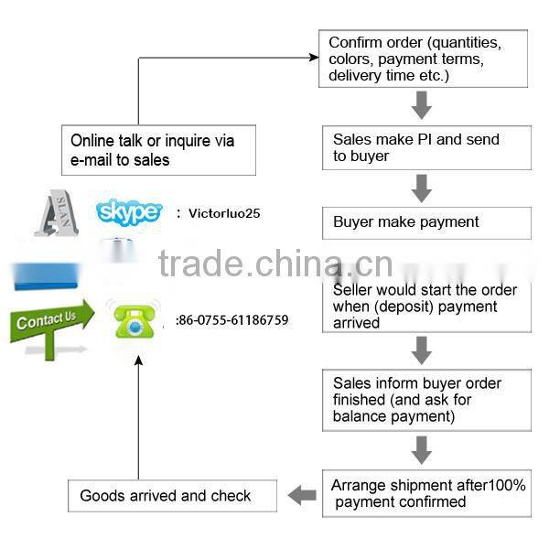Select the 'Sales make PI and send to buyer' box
(426, 147)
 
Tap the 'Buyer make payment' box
(426, 222)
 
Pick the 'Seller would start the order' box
(426, 306)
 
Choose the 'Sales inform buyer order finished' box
(426, 400)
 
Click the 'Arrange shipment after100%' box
(426, 493)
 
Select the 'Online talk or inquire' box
(158, 149)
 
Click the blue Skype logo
(128, 212)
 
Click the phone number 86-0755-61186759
(233, 320)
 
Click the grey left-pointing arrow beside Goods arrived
(301, 495)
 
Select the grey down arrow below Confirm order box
(421, 106)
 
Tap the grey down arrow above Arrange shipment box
(421, 449)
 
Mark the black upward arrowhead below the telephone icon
(138, 361)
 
